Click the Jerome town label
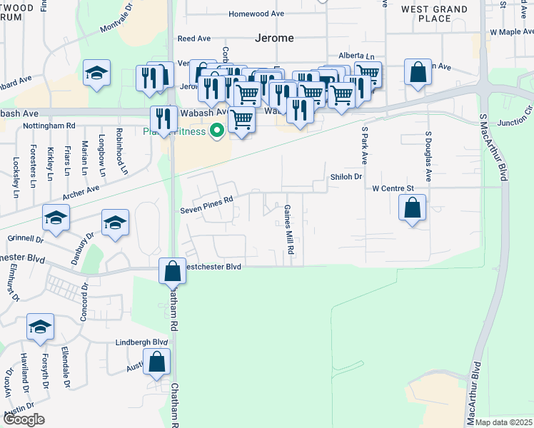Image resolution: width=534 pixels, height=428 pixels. [x=275, y=38]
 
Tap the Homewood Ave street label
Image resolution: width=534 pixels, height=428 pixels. [x=256, y=14]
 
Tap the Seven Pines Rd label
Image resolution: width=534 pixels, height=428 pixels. [x=206, y=200]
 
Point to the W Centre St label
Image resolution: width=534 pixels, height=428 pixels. [x=393, y=188]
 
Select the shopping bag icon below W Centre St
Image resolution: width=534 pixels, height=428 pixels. [x=413, y=208]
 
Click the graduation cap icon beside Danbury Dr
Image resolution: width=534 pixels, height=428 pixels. [x=115, y=223]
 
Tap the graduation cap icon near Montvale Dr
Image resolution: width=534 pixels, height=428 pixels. [x=96, y=72]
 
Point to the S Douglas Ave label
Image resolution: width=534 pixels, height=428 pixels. [x=429, y=155]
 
